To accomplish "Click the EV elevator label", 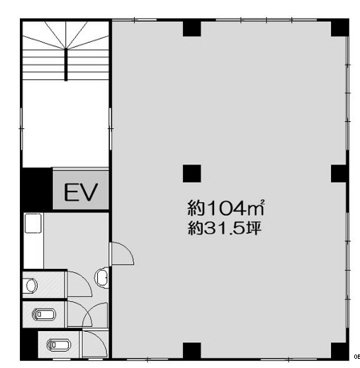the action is [81, 192].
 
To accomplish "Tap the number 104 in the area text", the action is [226, 208].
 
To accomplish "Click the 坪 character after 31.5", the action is [254, 228].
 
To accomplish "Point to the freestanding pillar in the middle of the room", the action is [192, 174].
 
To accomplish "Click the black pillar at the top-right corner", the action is [339, 28].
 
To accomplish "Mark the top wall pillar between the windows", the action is [192, 28].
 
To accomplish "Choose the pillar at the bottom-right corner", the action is [339, 351].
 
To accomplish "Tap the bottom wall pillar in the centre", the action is [192, 351].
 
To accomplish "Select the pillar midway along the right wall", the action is [339, 174].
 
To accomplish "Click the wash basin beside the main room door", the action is [102, 278].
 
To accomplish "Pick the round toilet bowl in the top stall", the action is [30, 285].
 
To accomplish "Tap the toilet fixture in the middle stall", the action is [44, 314].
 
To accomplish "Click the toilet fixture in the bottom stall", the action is [59, 345].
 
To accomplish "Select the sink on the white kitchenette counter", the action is [33, 223].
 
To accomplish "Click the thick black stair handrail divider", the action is [66, 65].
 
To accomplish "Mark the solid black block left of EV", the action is [37, 189].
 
